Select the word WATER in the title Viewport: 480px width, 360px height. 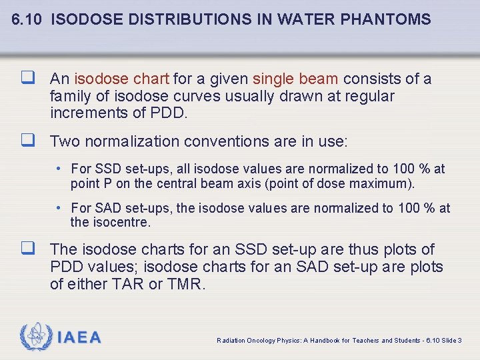[x=311, y=19]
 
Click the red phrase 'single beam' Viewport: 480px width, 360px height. [x=295, y=79]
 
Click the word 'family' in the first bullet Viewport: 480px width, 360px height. [x=70, y=97]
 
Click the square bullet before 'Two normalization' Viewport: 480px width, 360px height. [x=27, y=141]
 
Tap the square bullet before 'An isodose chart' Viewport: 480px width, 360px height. [x=27, y=79]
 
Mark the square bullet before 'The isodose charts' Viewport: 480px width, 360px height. [x=27, y=249]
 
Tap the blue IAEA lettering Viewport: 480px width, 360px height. [x=79, y=338]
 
